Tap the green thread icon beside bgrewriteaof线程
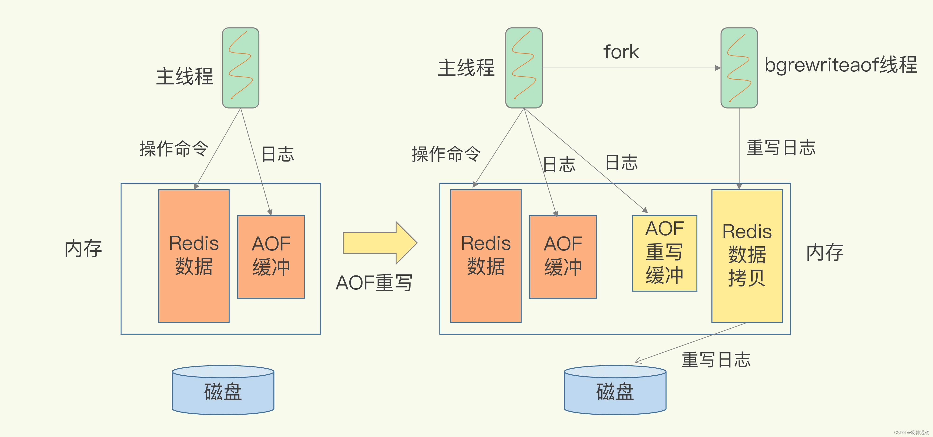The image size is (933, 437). click(x=739, y=68)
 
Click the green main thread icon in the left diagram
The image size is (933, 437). click(x=240, y=68)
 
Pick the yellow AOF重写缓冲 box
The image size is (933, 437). click(x=664, y=253)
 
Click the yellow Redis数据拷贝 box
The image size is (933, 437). click(x=747, y=256)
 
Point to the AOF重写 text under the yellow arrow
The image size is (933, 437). click(x=374, y=283)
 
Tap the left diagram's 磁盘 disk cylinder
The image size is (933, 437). click(x=223, y=391)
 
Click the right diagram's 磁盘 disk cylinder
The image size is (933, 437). click(x=615, y=391)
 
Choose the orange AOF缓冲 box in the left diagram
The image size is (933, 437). click(x=271, y=257)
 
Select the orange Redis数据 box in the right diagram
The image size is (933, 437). click(x=486, y=256)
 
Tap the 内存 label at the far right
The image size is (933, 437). click(x=825, y=253)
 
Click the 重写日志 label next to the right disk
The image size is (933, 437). click(x=716, y=360)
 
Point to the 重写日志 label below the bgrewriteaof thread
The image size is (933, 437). click(x=781, y=148)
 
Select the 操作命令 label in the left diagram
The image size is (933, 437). click(x=174, y=148)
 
